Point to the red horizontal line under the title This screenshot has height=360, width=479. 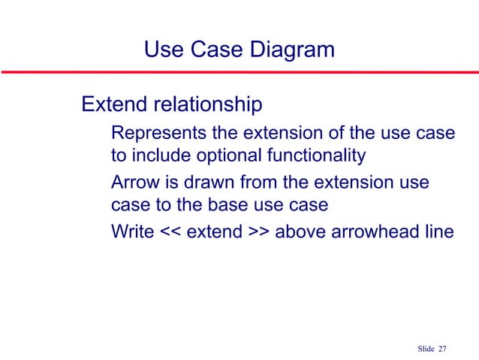click(239, 73)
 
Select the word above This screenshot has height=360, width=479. click(300, 231)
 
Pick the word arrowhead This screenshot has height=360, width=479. click(375, 231)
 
